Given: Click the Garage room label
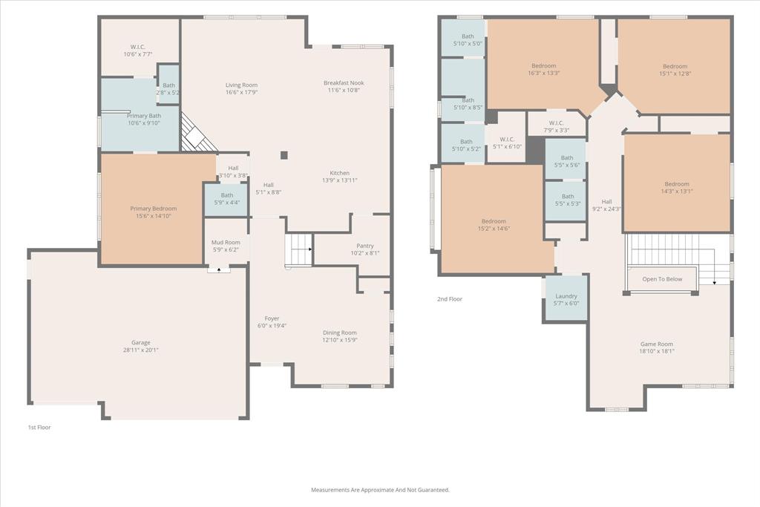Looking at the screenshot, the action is tap(140, 343).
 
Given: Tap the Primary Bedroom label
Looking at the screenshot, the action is tap(153, 209).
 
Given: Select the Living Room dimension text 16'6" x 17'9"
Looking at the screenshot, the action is tap(241, 92).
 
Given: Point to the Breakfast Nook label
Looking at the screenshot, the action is tap(344, 83).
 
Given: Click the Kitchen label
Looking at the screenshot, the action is tap(339, 173).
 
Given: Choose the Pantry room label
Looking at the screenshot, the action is tap(365, 246).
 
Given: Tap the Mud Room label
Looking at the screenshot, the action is tap(226, 242).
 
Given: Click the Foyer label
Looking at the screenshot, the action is tap(272, 319).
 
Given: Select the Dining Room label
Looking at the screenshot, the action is tap(340, 333).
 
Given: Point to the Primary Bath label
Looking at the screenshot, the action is tap(144, 116).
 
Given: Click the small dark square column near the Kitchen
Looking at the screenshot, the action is tap(284, 155).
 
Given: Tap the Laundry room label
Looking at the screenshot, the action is tap(566, 296).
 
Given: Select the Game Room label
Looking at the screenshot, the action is tap(657, 344).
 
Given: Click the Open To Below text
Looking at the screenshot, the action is tap(662, 279).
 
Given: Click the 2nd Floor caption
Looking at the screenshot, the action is tap(450, 299).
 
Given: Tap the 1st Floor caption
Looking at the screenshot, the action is tap(39, 428).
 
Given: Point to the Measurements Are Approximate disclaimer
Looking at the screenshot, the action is tap(380, 490).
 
